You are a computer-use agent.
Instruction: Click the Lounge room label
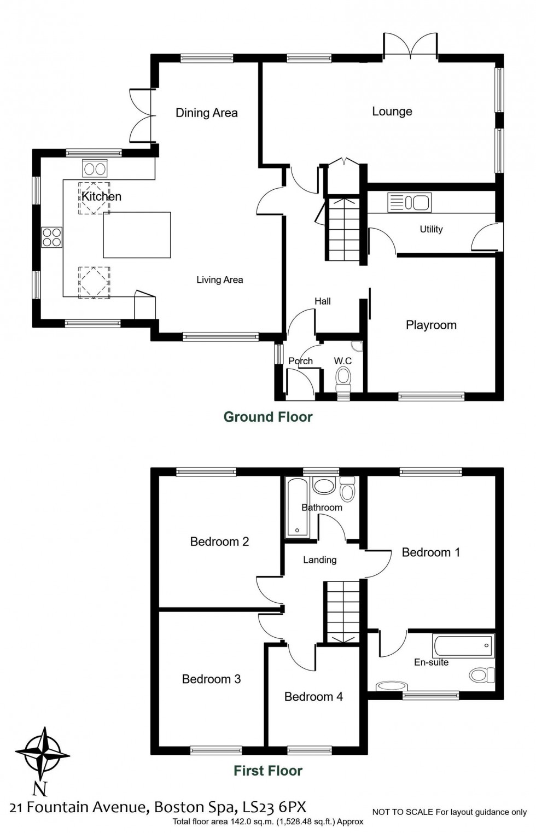point(392,112)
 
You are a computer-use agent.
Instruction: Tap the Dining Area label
point(206,113)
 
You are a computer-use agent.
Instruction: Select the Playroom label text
point(431,325)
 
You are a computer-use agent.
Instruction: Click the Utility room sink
point(409,202)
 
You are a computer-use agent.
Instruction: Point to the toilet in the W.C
point(343,378)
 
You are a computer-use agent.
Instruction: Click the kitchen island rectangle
point(137,235)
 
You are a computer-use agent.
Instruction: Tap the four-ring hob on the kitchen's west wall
point(53,237)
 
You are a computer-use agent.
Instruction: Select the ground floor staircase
point(343,230)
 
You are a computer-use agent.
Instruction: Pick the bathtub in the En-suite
point(463,646)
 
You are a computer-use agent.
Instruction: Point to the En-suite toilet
point(481,674)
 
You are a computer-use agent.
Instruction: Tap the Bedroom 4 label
point(313,696)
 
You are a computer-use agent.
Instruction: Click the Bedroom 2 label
point(219,541)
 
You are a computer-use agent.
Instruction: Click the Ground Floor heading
point(268,417)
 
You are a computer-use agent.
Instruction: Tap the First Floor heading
point(268,771)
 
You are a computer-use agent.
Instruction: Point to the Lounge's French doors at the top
point(410,46)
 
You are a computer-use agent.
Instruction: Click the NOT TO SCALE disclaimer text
point(449,812)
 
